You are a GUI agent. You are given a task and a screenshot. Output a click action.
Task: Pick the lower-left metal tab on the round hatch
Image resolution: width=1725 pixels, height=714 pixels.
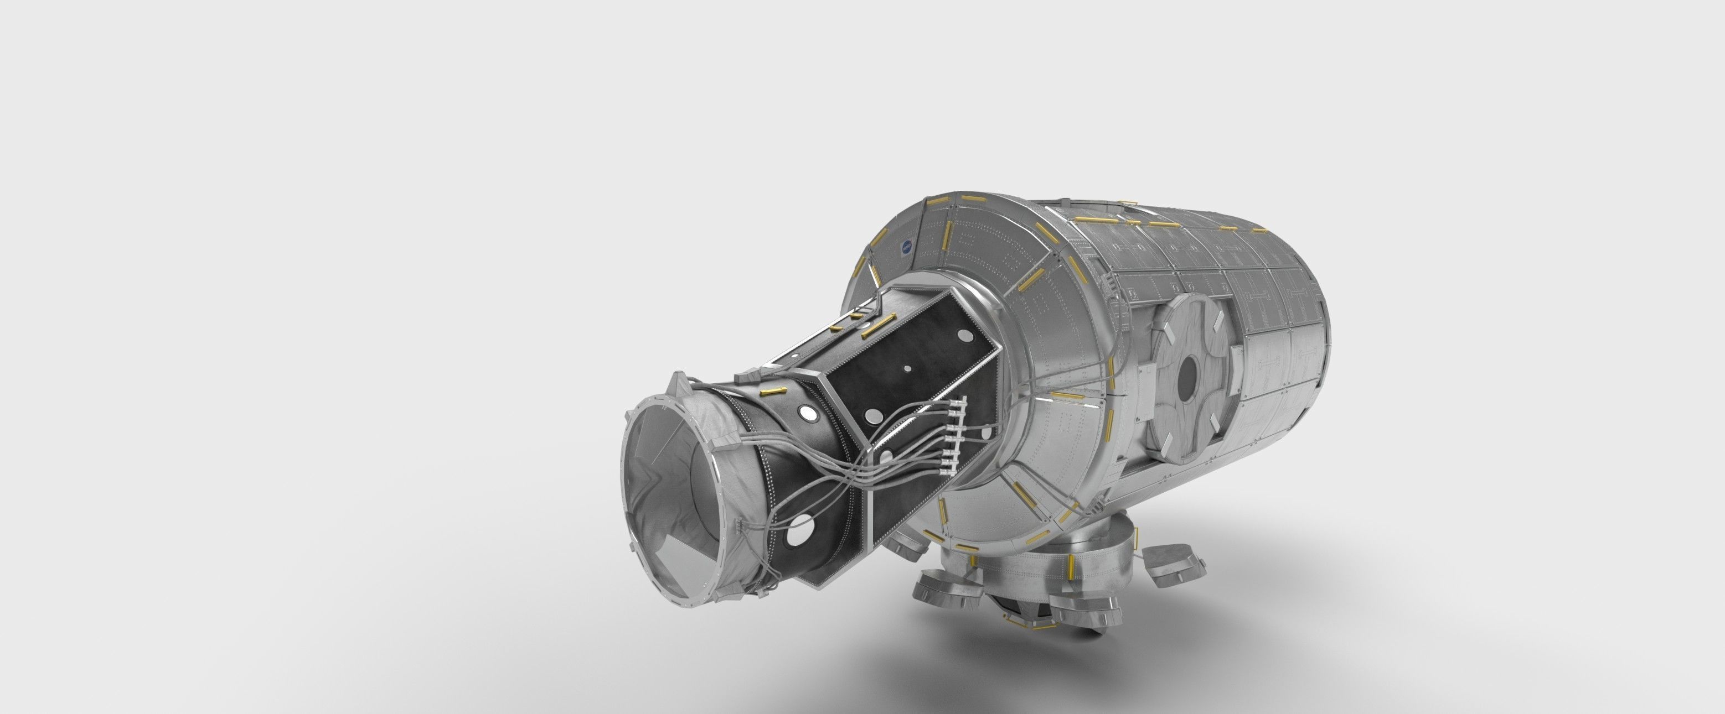[1156, 418]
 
